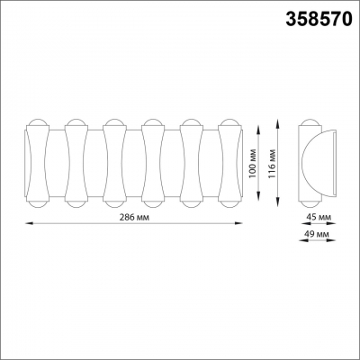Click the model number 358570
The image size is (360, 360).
pyautogui.click(x=319, y=19)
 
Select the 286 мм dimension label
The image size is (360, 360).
pyautogui.click(x=134, y=218)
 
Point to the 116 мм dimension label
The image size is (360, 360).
pyautogui.click(x=273, y=163)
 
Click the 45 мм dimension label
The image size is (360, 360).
pyautogui.click(x=319, y=217)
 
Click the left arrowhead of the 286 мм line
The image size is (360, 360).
pyautogui.click(x=29, y=223)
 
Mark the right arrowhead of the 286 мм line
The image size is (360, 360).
pyautogui.click(x=238, y=223)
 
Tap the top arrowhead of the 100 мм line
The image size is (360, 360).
pyautogui.click(x=258, y=130)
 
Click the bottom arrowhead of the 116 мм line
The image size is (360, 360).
pyautogui.click(x=278, y=202)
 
